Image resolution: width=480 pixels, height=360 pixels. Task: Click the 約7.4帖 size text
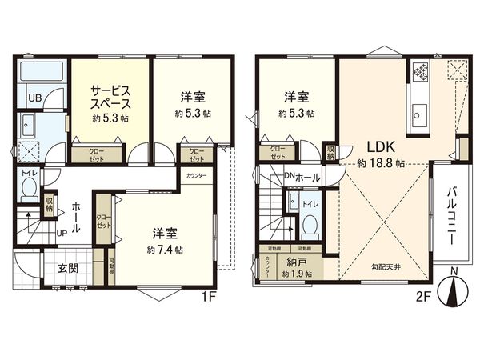pyautogui.click(x=166, y=250)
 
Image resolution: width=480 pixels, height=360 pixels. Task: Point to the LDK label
pyautogui.click(x=380, y=147)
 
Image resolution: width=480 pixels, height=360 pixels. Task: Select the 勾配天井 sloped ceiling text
pyautogui.click(x=386, y=267)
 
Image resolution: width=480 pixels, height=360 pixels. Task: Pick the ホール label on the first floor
pyautogui.click(x=70, y=216)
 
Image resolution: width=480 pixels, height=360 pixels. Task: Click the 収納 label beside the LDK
pyautogui.click(x=330, y=151)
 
